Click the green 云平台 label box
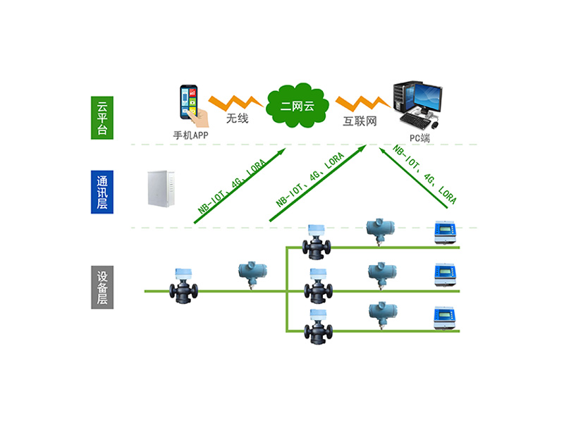(102, 118)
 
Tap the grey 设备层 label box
(102, 287)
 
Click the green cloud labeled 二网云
(296, 106)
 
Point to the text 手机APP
(188, 133)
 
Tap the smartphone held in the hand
(189, 102)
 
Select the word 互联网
(360, 121)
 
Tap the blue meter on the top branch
(446, 233)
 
